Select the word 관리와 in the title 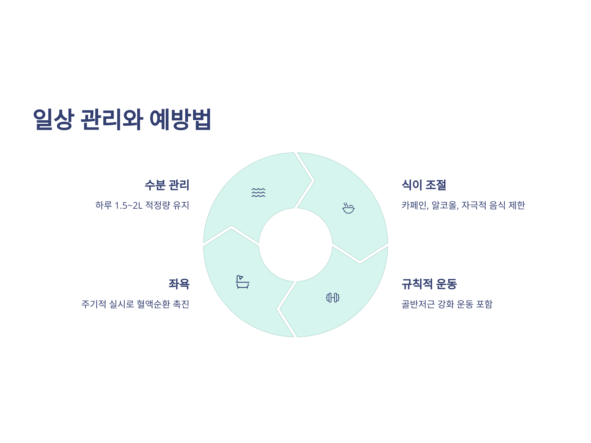(x=112, y=119)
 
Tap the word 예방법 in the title (x=180, y=119)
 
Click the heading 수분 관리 (x=167, y=185)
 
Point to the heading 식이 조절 (x=424, y=185)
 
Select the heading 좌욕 (x=179, y=284)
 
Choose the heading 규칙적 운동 (x=429, y=284)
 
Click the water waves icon (x=258, y=192)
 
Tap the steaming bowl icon (x=348, y=208)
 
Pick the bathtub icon (x=243, y=282)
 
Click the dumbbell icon (x=333, y=298)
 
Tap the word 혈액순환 (x=153, y=304)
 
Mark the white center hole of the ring (x=295, y=245)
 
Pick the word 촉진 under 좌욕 (x=181, y=304)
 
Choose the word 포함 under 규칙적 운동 (x=484, y=304)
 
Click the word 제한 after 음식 (x=517, y=205)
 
